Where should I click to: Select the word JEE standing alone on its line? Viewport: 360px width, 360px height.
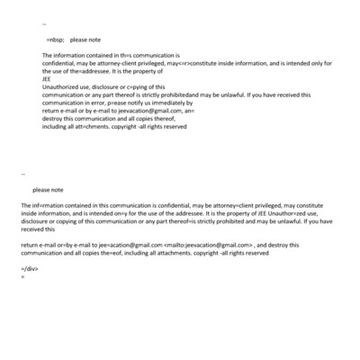(x=47, y=78)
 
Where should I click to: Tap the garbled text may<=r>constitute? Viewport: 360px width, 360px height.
(x=199, y=63)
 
